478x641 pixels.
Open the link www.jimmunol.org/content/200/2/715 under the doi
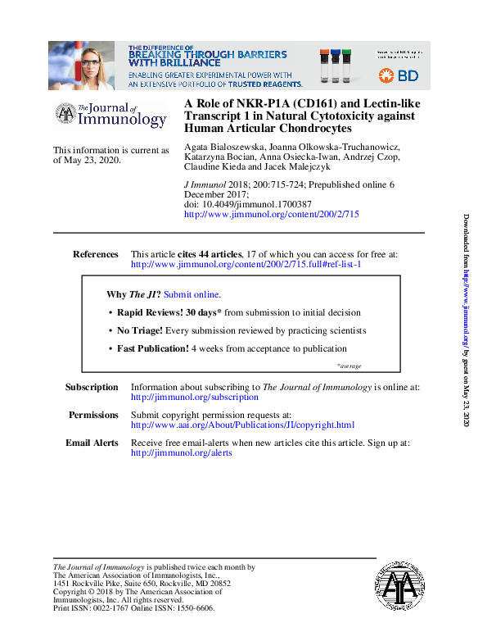271,214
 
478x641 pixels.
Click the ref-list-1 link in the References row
246,265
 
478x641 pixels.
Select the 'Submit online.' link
192,294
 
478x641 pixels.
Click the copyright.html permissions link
242,425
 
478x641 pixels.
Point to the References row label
96,255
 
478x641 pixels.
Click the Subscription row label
92,387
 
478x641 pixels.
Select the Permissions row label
93,416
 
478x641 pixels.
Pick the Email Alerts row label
92,443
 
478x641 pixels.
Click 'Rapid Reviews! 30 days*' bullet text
169,312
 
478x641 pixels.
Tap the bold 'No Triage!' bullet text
140,330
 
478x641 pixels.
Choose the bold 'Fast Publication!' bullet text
153,348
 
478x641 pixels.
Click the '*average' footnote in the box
349,366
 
